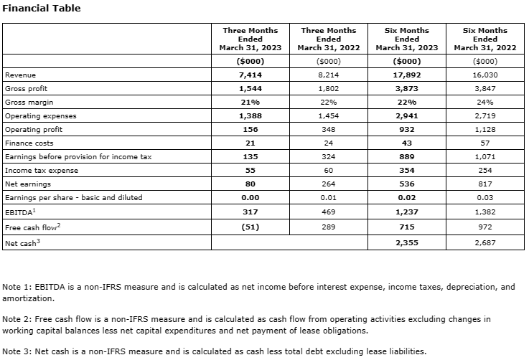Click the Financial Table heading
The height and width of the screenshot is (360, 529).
(x=42, y=9)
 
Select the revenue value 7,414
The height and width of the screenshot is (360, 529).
(x=251, y=75)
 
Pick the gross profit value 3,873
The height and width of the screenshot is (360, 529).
(x=407, y=88)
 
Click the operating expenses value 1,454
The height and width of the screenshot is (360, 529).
(x=329, y=115)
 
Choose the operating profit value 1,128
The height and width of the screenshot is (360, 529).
(x=485, y=129)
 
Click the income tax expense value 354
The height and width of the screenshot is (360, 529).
(x=407, y=170)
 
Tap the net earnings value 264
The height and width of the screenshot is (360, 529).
(x=329, y=184)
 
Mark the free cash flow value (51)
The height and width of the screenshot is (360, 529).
(x=251, y=227)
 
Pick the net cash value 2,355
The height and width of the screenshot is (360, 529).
(x=407, y=243)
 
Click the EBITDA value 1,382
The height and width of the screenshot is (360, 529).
(x=485, y=211)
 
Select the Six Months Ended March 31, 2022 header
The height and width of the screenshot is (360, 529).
(x=485, y=39)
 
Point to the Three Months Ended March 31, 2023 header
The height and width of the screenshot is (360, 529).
(x=251, y=39)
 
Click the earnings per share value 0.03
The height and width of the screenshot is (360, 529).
(x=485, y=197)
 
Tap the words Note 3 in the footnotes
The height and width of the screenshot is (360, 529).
(x=17, y=351)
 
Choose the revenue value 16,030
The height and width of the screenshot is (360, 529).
(x=485, y=75)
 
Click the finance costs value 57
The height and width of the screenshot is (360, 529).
(x=485, y=143)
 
